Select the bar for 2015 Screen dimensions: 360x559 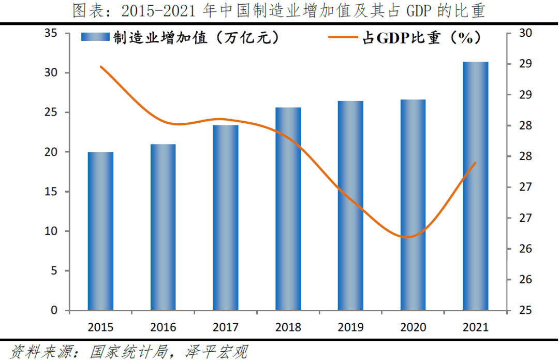pos(100,231)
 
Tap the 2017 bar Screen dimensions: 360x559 pos(226,218)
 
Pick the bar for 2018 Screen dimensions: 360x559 pos(288,209)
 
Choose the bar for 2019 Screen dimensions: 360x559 pos(350,206)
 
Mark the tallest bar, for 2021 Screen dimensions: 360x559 pos(476,186)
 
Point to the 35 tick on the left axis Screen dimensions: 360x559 pos(50,34)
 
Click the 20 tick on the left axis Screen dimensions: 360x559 pos(50,152)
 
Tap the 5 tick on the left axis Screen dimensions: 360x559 pos(53,271)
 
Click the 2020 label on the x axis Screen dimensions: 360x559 pos(413,327)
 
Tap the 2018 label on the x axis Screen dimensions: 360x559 pos(288,327)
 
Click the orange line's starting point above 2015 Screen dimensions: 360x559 pos(100,66)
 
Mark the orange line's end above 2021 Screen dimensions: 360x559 pos(476,163)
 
